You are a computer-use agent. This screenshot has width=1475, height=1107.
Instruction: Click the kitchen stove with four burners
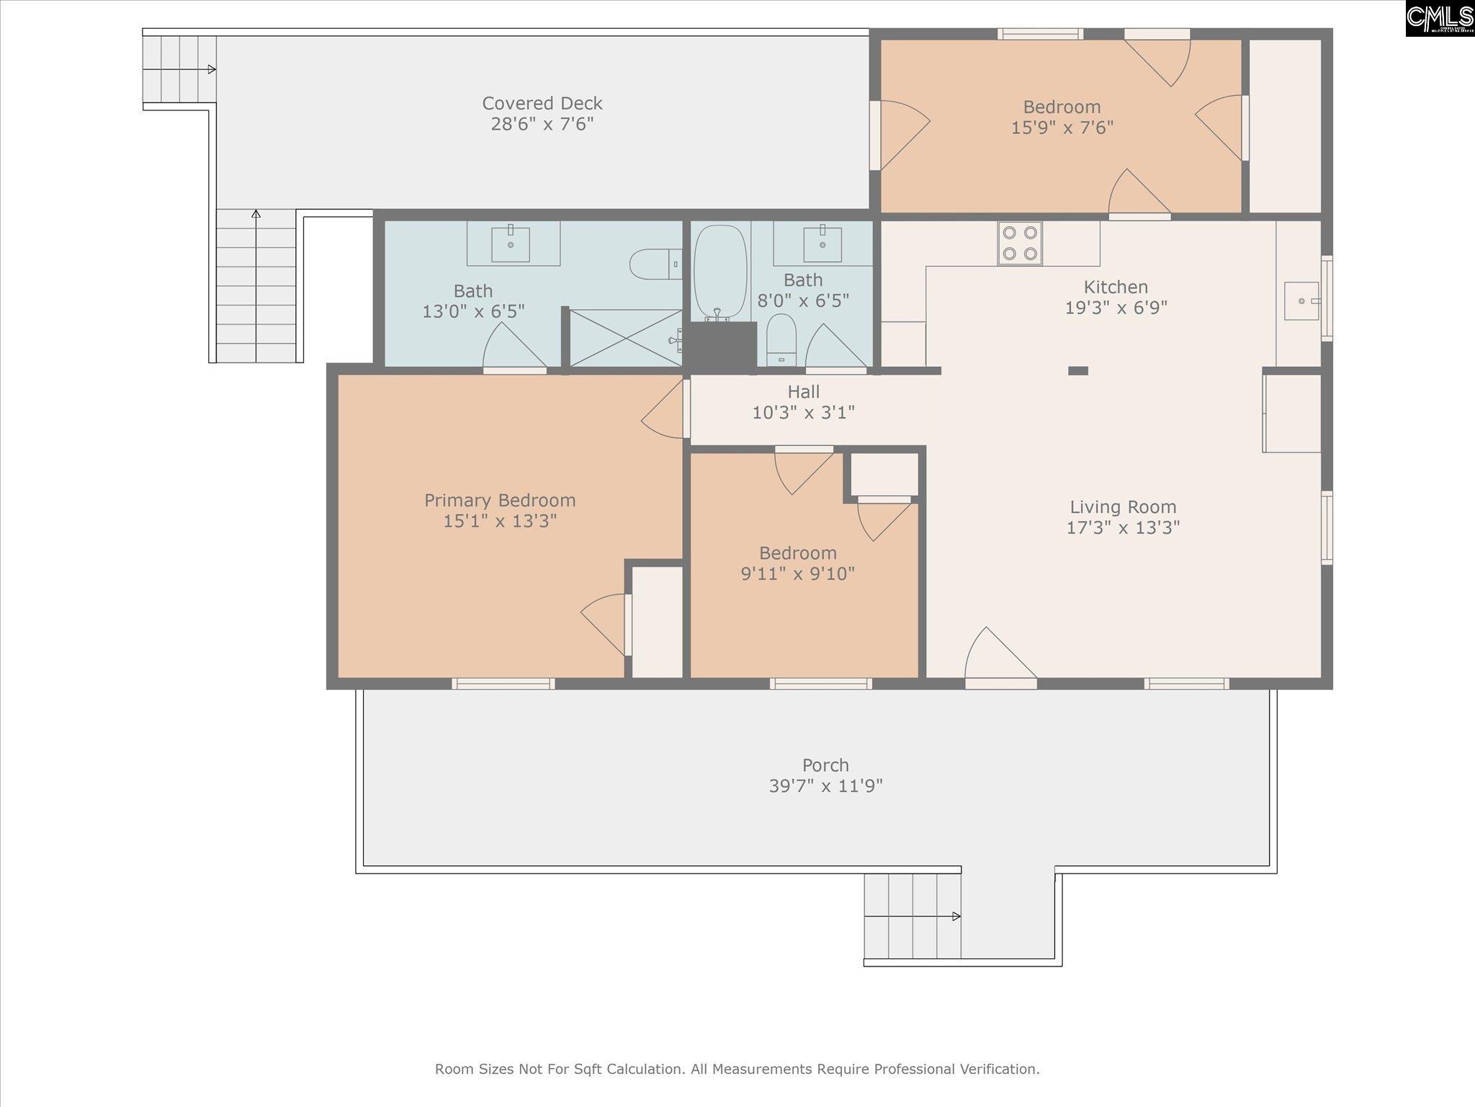1020,243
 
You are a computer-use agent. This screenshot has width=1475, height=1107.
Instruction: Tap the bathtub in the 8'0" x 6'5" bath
720,272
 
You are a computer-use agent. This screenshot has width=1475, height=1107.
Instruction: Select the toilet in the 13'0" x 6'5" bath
655,264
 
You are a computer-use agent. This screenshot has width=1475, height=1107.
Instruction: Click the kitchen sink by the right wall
1301,301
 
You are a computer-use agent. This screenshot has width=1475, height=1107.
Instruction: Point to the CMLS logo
1440,19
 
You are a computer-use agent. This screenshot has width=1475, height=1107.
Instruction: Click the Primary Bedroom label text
500,500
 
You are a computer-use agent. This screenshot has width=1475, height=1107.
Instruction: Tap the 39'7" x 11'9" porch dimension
825,786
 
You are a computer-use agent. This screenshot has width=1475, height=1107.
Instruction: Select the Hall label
803,392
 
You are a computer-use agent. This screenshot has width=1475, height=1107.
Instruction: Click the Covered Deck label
542,103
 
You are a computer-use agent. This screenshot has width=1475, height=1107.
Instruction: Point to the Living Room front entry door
1000,656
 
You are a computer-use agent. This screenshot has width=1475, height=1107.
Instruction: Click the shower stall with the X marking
624,338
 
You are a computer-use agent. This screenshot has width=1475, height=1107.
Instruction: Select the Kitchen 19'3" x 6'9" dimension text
1116,308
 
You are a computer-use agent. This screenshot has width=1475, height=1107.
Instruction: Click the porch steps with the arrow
912,916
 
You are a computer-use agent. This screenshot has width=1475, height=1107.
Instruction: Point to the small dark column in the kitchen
1077,370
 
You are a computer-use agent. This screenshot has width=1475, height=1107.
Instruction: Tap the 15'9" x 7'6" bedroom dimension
1062,128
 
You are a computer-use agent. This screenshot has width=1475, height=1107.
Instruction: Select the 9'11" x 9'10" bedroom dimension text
797,574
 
